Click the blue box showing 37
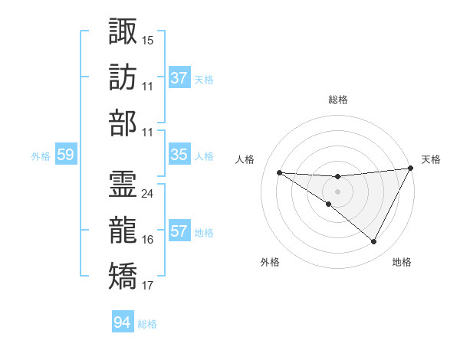coord(179,77)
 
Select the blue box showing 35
coord(179,155)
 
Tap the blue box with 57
coord(179,231)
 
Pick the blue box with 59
coord(66,155)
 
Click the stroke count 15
coord(148,38)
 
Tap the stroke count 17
coord(148,286)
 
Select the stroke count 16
coord(148,240)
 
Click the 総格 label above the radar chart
coord(338,100)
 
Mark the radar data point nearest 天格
coord(411,169)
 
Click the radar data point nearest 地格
coord(374,242)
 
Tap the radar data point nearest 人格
coord(279,172)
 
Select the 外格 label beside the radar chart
coord(270,262)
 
